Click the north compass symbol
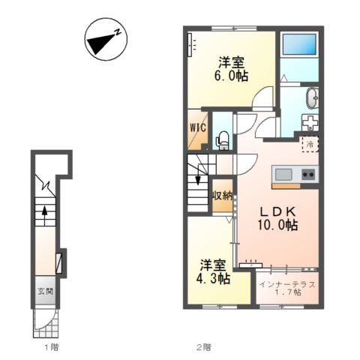[106, 39]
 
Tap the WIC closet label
[198, 127]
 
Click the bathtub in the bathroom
[299, 44]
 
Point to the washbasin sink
[313, 98]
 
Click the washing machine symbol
[310, 122]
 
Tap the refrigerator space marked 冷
[310, 144]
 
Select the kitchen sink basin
[283, 175]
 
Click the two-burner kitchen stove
[308, 174]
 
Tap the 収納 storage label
[223, 196]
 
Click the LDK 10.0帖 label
[277, 219]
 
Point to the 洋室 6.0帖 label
[231, 69]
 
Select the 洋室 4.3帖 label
[213, 272]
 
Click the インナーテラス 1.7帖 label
[287, 288]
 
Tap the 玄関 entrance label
[45, 291]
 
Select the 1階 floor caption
[52, 347]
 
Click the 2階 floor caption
[203, 347]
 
